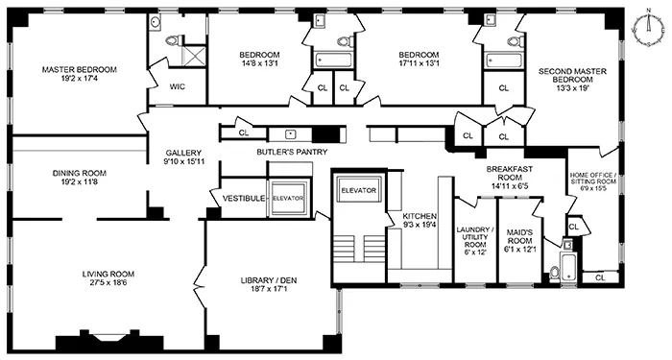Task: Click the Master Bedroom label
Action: tap(79, 69)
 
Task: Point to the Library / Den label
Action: tap(269, 281)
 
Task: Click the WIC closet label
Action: tap(177, 86)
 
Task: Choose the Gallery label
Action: tap(183, 153)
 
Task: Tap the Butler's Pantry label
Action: tap(292, 152)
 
